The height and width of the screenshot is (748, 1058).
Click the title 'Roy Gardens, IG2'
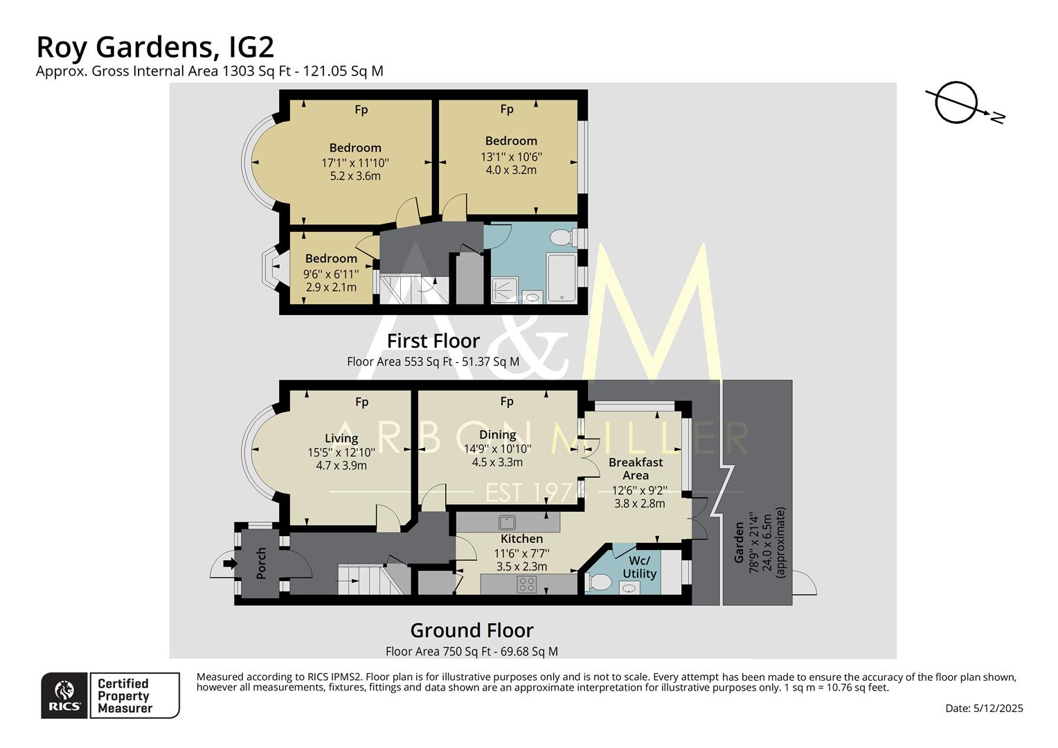coord(155,47)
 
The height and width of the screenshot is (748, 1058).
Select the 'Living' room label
coord(341,438)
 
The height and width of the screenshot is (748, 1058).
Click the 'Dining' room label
coord(497,434)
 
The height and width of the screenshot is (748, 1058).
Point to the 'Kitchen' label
coord(521,538)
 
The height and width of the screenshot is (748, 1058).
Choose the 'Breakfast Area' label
coord(636,468)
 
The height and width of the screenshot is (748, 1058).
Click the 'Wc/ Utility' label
coord(639,567)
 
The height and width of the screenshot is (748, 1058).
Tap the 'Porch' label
coord(261,563)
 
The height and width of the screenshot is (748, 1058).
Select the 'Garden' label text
coord(739,542)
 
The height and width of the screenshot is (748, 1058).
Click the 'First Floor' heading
coord(433,341)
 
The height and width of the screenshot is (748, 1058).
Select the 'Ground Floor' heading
coord(472,630)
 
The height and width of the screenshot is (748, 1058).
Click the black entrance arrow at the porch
coord(229,564)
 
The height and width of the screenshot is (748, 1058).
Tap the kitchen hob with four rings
coord(526,585)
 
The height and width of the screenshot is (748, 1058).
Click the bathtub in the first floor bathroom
coord(562,278)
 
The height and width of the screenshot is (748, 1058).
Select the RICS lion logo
coord(64,695)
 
